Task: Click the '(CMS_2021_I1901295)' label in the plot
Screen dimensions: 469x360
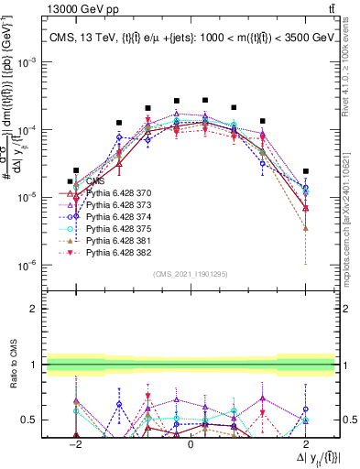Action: tap(190, 274)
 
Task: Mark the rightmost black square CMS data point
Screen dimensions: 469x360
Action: tap(306, 170)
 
